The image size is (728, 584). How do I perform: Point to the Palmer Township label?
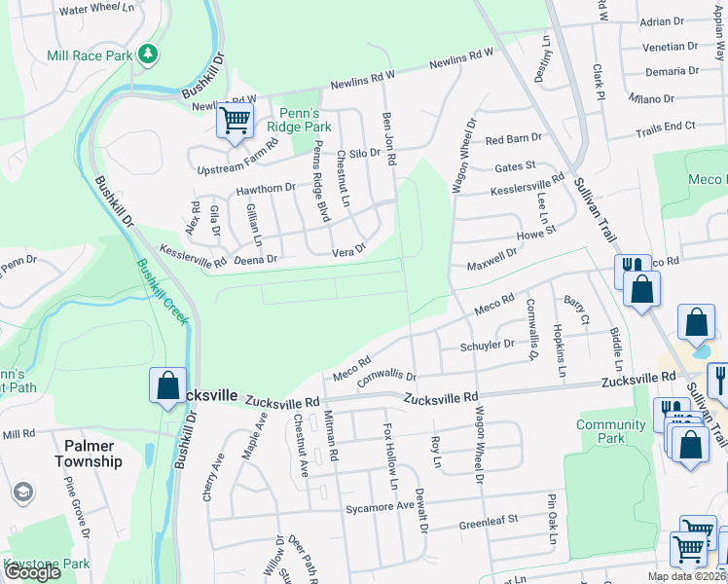(x=89, y=453)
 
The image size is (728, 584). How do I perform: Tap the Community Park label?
(x=611, y=431)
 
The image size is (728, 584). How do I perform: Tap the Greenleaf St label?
(x=490, y=525)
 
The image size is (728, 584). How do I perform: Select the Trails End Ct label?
(x=666, y=128)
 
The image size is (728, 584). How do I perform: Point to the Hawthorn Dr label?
(x=266, y=188)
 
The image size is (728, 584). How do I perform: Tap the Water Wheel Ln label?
(x=96, y=9)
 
